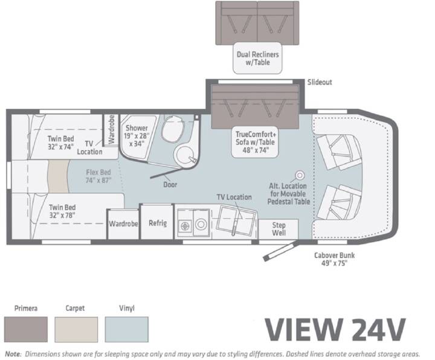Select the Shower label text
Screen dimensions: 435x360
137,128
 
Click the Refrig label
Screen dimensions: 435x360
158,223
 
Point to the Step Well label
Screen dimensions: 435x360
279,229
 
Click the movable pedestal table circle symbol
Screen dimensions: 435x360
300,175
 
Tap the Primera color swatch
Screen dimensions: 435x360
26,329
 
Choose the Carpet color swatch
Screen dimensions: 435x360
76,329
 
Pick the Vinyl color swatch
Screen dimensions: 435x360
127,329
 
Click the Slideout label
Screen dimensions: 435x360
320,82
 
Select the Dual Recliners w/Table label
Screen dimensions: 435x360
258,58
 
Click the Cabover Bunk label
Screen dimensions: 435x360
334,259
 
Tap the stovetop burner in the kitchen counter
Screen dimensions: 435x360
185,226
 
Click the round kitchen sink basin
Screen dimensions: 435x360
201,224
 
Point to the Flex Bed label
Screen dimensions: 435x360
98,176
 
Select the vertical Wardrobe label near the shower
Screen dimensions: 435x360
112,129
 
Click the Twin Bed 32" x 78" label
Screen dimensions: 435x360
62,211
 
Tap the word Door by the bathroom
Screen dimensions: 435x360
170,184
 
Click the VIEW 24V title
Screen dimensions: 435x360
335,330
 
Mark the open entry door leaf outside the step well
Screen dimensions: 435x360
281,251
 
